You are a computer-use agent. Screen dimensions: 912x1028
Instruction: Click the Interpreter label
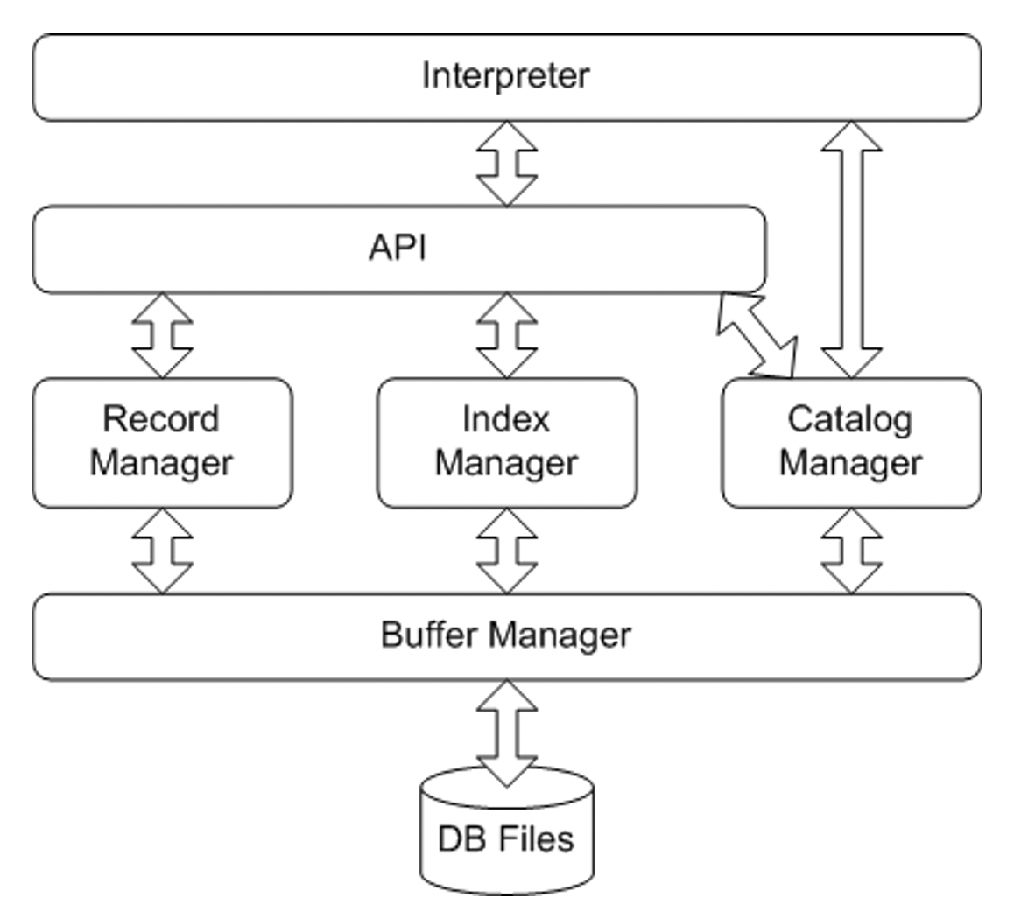tap(505, 75)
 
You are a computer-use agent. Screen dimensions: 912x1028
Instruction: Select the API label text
tap(398, 249)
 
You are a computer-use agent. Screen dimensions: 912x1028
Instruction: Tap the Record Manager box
tap(162, 443)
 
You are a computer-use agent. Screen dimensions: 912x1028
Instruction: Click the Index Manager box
tap(507, 443)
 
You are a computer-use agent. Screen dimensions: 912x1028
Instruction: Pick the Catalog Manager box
tap(851, 443)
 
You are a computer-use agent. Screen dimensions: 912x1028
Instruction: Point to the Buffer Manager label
tap(505, 635)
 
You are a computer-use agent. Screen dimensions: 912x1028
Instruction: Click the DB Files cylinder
tap(507, 836)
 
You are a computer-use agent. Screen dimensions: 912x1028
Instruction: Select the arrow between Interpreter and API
tap(507, 164)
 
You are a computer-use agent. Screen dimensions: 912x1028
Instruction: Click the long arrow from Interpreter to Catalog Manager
tap(851, 249)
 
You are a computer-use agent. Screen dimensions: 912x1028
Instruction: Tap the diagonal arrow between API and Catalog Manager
tap(757, 336)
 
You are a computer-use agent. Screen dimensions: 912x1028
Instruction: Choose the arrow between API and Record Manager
tap(162, 335)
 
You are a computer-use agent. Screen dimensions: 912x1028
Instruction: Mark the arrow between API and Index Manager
tap(507, 335)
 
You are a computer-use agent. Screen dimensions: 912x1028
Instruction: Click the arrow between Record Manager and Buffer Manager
tap(162, 551)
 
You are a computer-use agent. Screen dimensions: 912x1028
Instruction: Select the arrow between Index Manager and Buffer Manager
tap(507, 551)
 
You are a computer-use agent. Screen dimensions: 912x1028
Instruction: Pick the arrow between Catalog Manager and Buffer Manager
tap(851, 551)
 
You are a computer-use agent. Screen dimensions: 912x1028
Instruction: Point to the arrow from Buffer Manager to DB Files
tap(507, 732)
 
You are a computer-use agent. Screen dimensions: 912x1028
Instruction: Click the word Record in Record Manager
tap(161, 420)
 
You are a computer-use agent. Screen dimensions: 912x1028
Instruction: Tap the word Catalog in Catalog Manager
tap(849, 420)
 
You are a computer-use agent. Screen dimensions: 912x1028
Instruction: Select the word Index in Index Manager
tap(506, 420)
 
